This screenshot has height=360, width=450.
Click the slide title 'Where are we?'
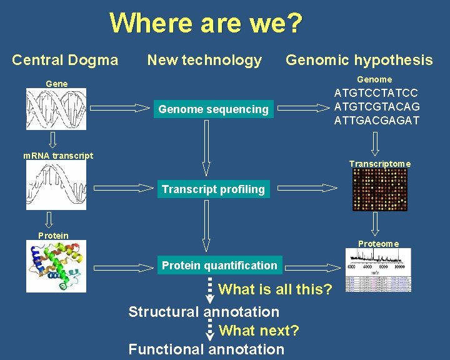point(206,24)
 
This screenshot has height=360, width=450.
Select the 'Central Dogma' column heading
point(65,60)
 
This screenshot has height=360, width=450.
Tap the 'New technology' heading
point(204,60)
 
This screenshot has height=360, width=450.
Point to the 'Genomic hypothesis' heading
point(359,60)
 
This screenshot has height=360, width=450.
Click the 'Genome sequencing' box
point(213,109)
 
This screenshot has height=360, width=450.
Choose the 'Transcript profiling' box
point(213,189)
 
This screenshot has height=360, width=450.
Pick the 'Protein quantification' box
point(219,266)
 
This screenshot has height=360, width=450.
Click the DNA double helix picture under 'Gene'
point(56,109)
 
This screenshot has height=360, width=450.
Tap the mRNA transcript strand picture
point(56,186)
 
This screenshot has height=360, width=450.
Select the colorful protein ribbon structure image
point(56,266)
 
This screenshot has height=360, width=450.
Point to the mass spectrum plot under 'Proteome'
point(379,269)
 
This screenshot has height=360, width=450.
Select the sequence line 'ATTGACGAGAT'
point(377,120)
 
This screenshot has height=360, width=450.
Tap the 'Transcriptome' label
point(380,164)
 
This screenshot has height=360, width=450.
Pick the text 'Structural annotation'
point(204,311)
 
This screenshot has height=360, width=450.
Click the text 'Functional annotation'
point(206,349)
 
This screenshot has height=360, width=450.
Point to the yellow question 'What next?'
point(259,330)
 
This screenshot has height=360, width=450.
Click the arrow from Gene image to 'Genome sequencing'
point(121,109)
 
